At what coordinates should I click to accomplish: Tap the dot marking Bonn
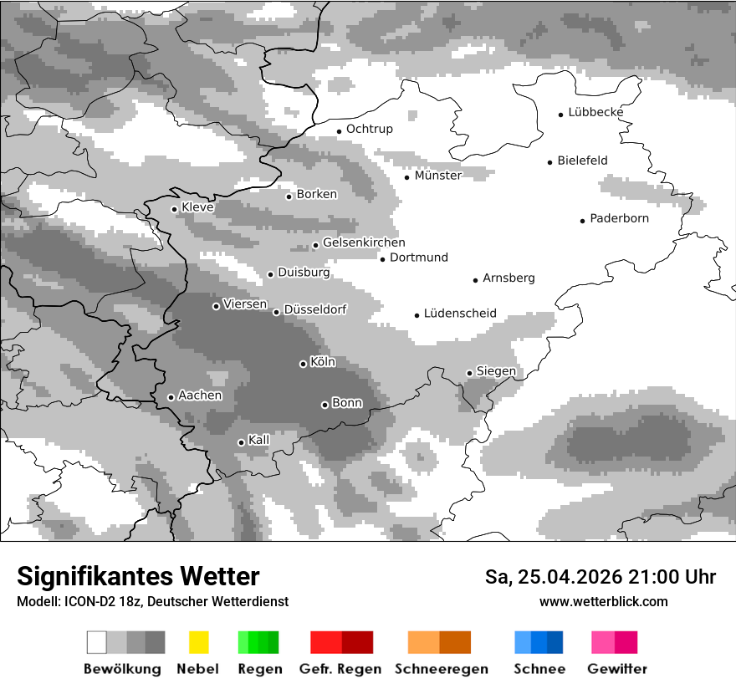pyautogui.click(x=325, y=405)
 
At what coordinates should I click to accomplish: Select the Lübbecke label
pyautogui.click(x=595, y=112)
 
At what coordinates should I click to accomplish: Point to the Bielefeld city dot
pyautogui.click(x=549, y=162)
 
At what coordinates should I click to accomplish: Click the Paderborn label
pyautogui.click(x=619, y=219)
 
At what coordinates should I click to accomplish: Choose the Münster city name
pyautogui.click(x=437, y=176)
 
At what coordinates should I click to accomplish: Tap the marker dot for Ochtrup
pyautogui.click(x=339, y=130)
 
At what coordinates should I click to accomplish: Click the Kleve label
pyautogui.click(x=197, y=207)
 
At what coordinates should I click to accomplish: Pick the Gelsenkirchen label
pyautogui.click(x=364, y=243)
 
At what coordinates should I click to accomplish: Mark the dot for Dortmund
pyautogui.click(x=382, y=259)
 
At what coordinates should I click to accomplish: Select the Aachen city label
pyautogui.click(x=200, y=395)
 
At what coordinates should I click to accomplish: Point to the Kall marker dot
pyautogui.click(x=241, y=442)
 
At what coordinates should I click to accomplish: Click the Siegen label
pyautogui.click(x=496, y=371)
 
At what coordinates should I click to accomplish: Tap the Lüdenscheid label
pyautogui.click(x=460, y=314)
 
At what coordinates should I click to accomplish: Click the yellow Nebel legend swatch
pyautogui.click(x=198, y=642)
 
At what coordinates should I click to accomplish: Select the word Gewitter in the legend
pyautogui.click(x=616, y=669)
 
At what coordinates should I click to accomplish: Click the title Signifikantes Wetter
pyautogui.click(x=138, y=577)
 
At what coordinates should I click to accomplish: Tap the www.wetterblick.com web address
pyautogui.click(x=603, y=601)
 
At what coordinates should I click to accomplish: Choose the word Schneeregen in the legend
pyautogui.click(x=441, y=669)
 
